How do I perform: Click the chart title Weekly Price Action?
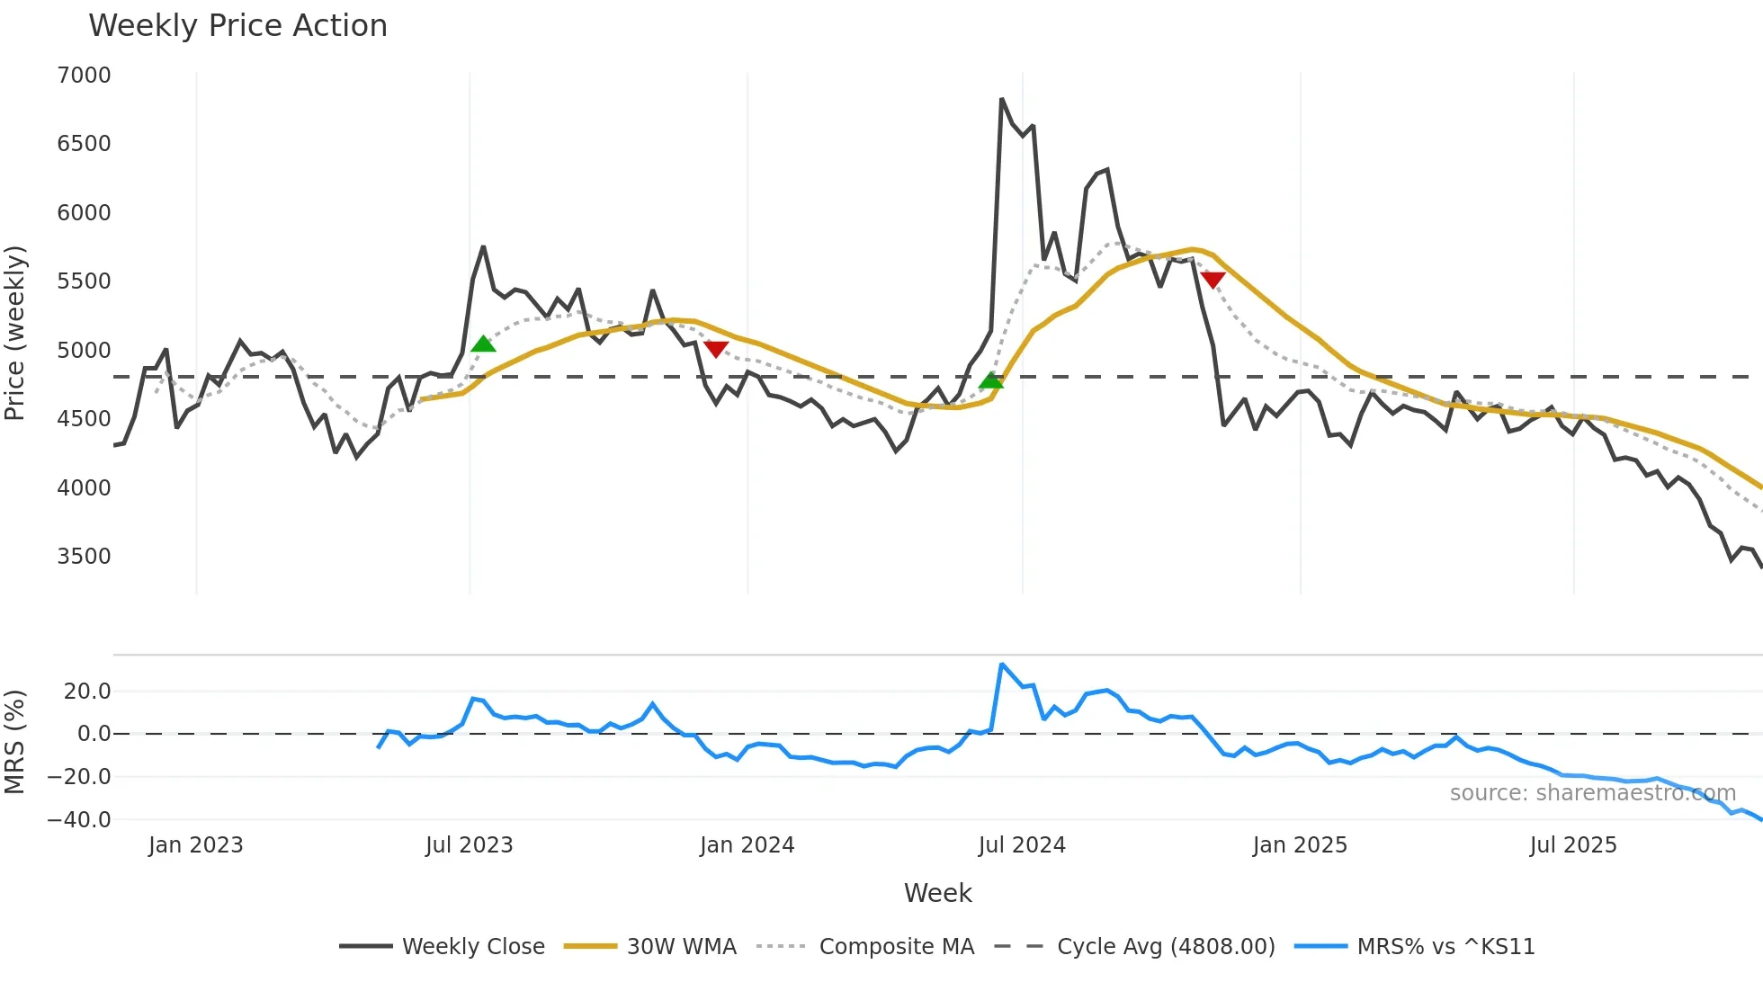237,26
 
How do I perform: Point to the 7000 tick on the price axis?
84,76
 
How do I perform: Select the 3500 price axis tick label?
84,557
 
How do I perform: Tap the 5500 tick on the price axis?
84,281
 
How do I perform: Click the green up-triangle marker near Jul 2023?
483,344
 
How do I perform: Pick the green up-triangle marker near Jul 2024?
990,380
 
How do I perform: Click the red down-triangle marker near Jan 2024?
716,349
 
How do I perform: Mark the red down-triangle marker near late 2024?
1213,281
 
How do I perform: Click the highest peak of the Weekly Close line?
1002,99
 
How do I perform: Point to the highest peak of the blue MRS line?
1002,665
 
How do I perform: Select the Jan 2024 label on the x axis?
747,845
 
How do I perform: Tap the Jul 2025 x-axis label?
1573,845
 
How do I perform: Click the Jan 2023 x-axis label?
195,845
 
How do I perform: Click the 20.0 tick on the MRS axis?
87,692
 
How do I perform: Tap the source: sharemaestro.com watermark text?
1592,793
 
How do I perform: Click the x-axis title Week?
937,893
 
